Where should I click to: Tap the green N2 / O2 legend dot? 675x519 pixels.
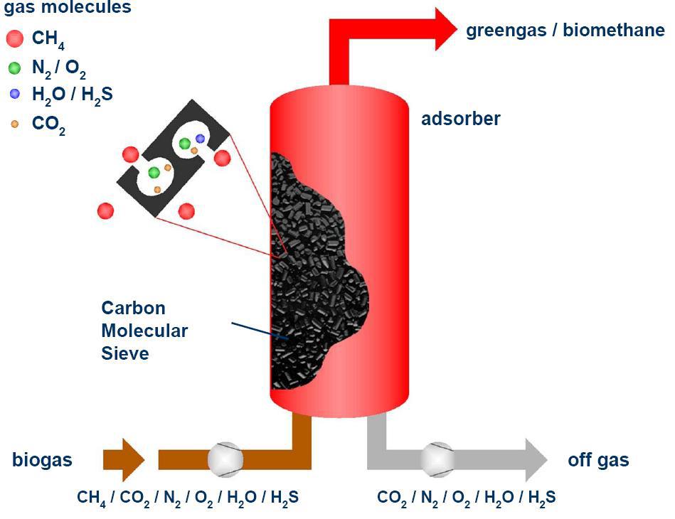14,69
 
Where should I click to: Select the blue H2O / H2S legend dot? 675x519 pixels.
14,94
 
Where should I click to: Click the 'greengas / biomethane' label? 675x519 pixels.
565,31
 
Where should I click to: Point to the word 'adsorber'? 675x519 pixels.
460,118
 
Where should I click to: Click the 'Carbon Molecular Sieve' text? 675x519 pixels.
144,330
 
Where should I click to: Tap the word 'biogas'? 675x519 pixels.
42,460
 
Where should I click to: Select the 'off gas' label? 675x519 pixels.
598,460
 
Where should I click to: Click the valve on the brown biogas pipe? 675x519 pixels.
225,459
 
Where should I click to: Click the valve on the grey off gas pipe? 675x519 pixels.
437,459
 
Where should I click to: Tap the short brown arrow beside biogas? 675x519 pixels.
123,459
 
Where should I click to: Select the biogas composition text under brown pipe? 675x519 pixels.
188,497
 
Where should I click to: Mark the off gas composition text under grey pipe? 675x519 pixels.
466,497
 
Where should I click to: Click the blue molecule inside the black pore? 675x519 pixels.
200,139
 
